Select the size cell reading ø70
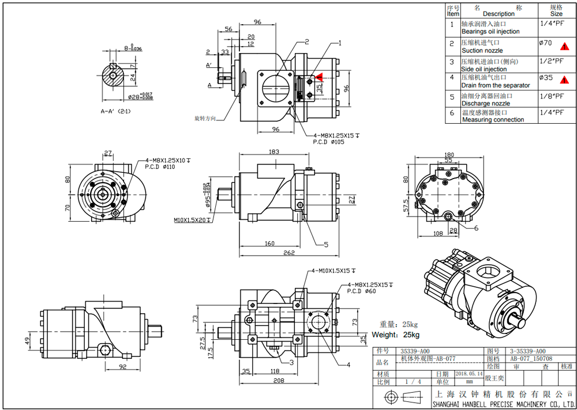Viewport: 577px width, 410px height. tap(545, 43)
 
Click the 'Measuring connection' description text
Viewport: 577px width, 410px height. tap(493, 120)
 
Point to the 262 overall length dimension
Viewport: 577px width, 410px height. tap(289, 252)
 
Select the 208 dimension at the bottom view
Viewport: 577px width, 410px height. tap(279, 381)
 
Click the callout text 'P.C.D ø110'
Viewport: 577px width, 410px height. tap(160, 167)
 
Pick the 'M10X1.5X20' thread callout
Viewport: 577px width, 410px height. tap(191, 220)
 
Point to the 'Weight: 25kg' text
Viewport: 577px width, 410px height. tap(395, 335)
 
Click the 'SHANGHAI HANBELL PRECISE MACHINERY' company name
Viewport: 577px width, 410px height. tap(501, 405)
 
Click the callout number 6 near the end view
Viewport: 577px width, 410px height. tap(476, 228)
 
